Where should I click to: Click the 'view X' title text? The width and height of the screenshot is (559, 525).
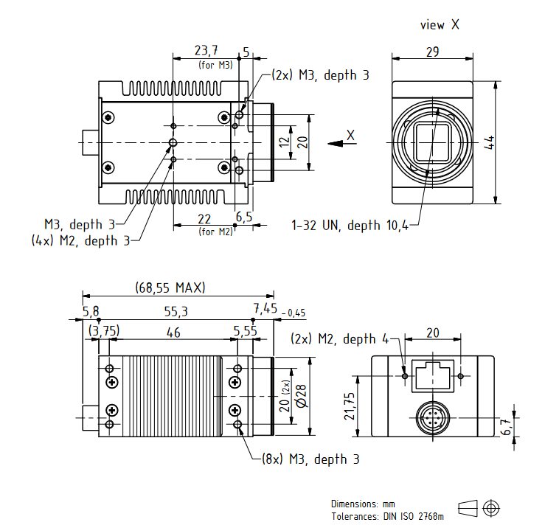pyautogui.click(x=440, y=25)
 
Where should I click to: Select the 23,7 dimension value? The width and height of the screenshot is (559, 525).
pyautogui.click(x=206, y=50)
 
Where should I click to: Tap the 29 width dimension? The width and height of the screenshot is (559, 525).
pyautogui.click(x=433, y=52)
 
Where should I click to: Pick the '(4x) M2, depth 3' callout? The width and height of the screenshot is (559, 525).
pyautogui.click(x=80, y=240)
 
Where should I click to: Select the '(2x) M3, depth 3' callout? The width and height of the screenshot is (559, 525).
pyautogui.click(x=319, y=75)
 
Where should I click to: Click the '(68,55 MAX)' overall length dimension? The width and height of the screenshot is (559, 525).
pyautogui.click(x=170, y=287)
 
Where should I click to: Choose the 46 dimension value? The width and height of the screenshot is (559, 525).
pyautogui.click(x=173, y=333)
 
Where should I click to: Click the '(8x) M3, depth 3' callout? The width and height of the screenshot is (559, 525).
pyautogui.click(x=310, y=459)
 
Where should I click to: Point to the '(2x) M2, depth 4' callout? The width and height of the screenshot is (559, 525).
pyautogui.click(x=339, y=338)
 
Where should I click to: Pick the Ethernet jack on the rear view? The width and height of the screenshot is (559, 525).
pyautogui.click(x=433, y=375)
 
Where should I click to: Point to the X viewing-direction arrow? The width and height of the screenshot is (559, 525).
pyautogui.click(x=338, y=142)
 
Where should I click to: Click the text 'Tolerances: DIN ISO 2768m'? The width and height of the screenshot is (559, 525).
pyautogui.click(x=388, y=515)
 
